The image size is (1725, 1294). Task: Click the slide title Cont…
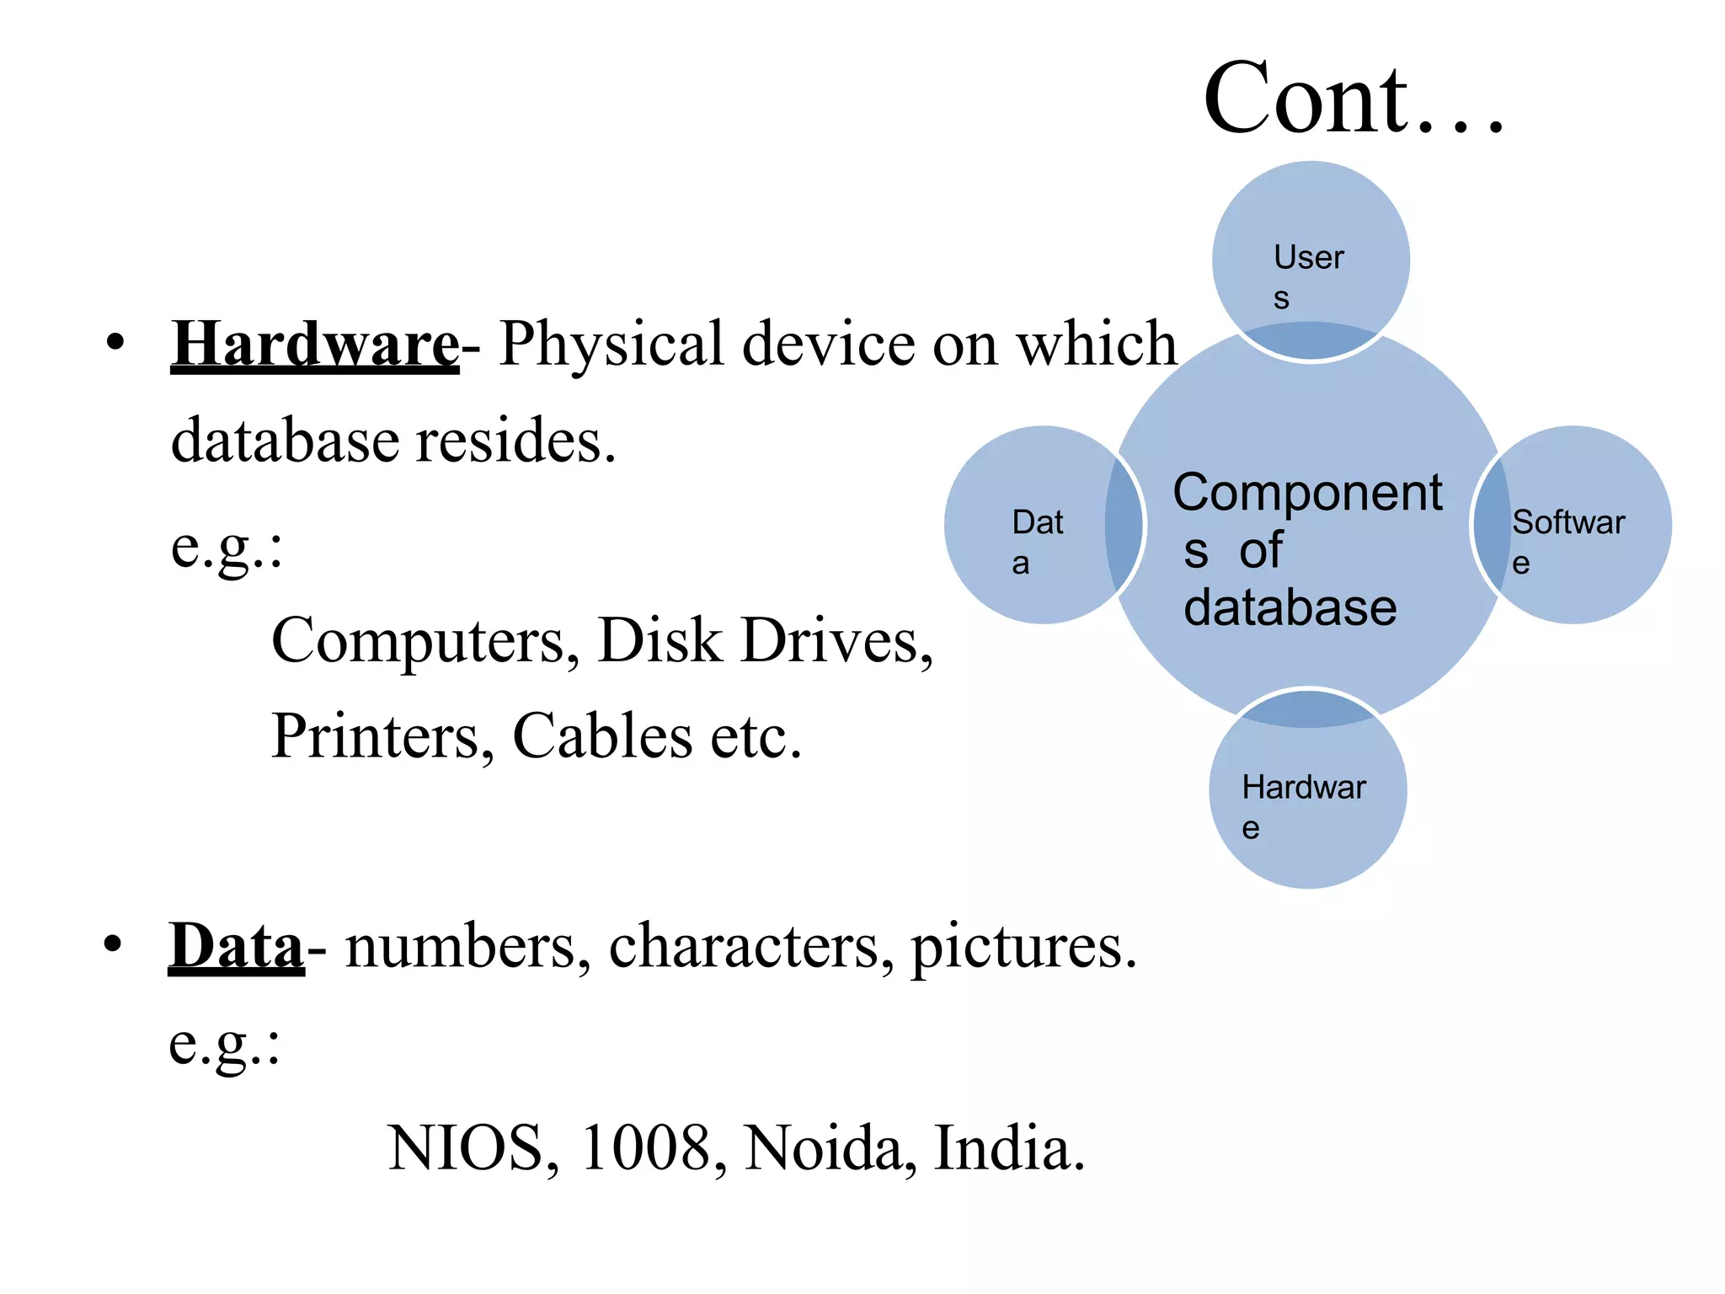(1353, 99)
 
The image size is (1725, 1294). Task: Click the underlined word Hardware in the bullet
(315, 344)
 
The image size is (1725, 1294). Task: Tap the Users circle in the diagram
(1310, 253)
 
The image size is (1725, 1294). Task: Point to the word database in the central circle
(1290, 608)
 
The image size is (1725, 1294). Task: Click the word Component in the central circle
(1307, 493)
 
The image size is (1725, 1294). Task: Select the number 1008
(646, 1147)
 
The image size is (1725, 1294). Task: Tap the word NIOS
(466, 1147)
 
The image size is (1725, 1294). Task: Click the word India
(1009, 1147)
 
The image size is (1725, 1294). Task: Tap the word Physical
(611, 344)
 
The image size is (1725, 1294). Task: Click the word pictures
(1023, 947)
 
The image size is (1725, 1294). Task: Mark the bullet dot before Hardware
(115, 343)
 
